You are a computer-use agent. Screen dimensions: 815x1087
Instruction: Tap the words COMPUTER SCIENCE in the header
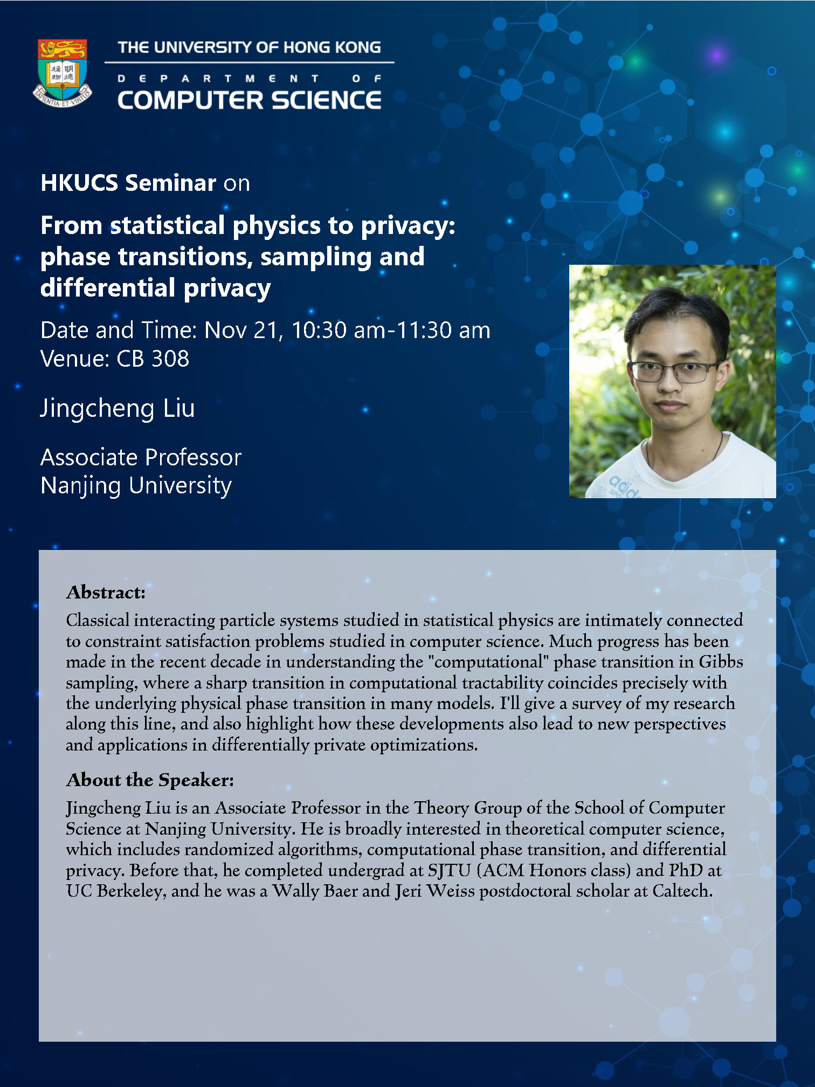(250, 100)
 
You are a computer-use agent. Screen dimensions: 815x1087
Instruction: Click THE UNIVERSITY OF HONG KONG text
(250, 47)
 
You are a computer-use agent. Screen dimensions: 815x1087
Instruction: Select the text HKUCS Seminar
(128, 183)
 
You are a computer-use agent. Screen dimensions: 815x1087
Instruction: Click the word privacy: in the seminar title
(408, 226)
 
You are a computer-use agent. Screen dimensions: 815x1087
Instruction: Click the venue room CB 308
(153, 359)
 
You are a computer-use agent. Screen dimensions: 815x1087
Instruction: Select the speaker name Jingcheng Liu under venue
(118, 409)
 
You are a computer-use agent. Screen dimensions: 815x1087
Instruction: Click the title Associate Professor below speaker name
(141, 457)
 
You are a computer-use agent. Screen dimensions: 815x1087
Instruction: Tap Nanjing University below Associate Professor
(136, 486)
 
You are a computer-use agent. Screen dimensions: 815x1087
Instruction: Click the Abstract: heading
(106, 593)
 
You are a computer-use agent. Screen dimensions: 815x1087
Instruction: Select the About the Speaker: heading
(150, 780)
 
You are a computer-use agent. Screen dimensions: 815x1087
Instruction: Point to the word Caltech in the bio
(682, 891)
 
